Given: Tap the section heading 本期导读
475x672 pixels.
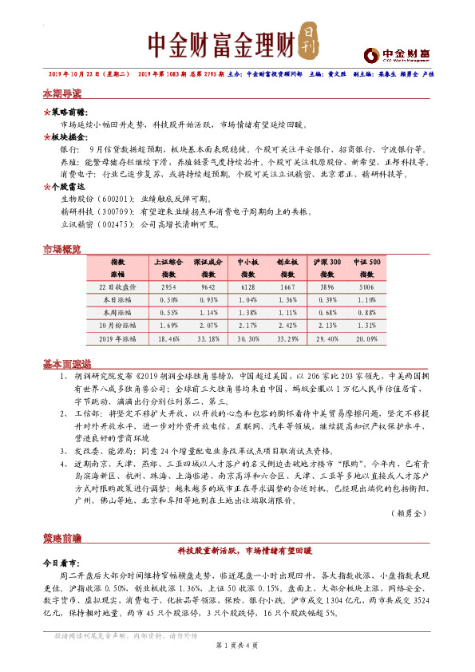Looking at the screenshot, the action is tap(61, 94).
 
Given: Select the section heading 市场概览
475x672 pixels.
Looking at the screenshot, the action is tap(61, 251).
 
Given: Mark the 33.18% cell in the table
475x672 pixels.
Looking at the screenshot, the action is tap(208, 339).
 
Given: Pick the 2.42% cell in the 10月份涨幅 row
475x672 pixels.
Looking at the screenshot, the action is tap(287, 326).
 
